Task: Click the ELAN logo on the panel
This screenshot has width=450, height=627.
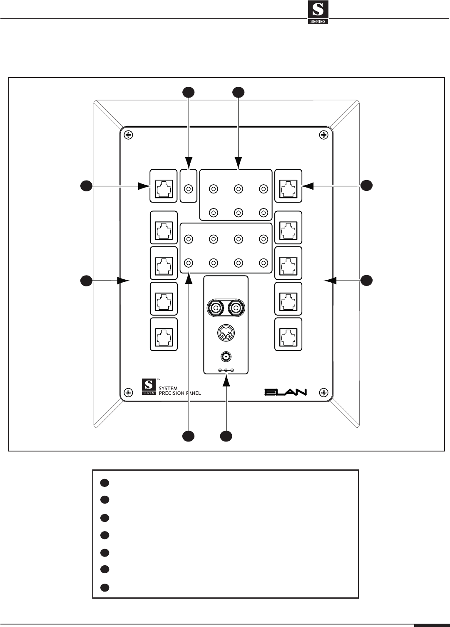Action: pyautogui.click(x=286, y=392)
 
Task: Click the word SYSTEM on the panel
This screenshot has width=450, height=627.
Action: pyautogui.click(x=168, y=388)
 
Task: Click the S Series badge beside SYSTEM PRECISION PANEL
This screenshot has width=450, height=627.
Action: pyautogui.click(x=149, y=386)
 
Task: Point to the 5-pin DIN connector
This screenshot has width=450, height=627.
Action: pyautogui.click(x=226, y=333)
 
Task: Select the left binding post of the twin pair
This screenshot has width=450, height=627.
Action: pyautogui.click(x=216, y=308)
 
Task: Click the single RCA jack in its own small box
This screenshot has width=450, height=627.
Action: pyautogui.click(x=188, y=189)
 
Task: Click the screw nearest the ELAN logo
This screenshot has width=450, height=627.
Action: pyautogui.click(x=324, y=392)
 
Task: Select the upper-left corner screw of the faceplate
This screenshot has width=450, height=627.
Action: pyautogui.click(x=129, y=135)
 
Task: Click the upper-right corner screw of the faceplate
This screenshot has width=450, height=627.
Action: pyautogui.click(x=324, y=135)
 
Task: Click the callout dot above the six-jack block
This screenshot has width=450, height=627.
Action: pyautogui.click(x=238, y=92)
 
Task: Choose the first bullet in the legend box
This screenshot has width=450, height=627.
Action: pyautogui.click(x=104, y=483)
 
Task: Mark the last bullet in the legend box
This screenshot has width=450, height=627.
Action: pyautogui.click(x=104, y=587)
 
